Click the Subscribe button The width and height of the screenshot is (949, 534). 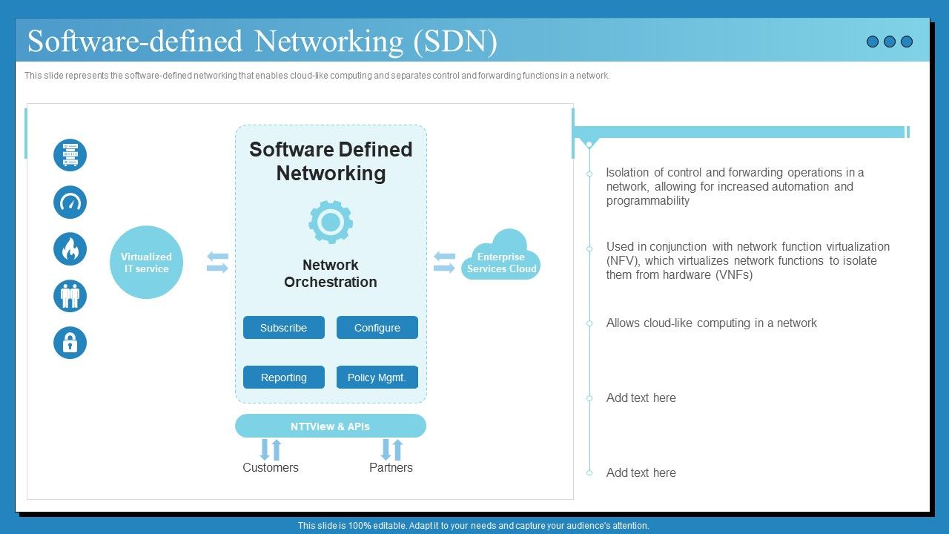tap(283, 328)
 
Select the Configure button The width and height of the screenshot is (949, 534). tap(377, 328)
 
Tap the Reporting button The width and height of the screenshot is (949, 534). tap(283, 378)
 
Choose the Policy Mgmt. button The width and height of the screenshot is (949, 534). tap(377, 378)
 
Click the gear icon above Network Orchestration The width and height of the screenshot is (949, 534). tap(331, 222)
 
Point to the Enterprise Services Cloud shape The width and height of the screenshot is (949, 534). tap(502, 257)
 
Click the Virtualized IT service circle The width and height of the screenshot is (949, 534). tap(146, 263)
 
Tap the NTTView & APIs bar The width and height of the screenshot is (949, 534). tap(330, 426)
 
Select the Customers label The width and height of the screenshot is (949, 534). tap(271, 468)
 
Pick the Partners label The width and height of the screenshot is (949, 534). tap(391, 468)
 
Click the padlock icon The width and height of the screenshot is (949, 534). tap(70, 343)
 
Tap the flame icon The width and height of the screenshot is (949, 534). tap(70, 249)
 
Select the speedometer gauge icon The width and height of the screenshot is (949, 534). tap(70, 202)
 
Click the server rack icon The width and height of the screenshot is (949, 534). tap(70, 156)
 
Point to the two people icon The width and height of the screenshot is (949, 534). tap(70, 296)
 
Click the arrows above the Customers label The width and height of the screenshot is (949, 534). tap(271, 449)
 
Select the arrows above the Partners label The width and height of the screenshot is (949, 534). tap(391, 449)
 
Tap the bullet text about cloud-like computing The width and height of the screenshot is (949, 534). tap(711, 323)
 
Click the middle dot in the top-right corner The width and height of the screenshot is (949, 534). tap(890, 42)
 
